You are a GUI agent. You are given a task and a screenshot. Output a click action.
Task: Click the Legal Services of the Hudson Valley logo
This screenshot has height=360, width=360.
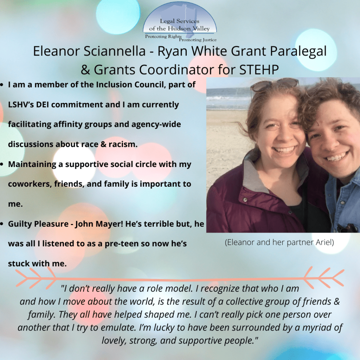coord(180,22)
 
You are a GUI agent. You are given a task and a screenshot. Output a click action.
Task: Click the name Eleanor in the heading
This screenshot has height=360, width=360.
coord(56,51)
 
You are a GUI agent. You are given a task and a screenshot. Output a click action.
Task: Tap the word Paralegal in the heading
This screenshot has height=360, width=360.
coord(298,52)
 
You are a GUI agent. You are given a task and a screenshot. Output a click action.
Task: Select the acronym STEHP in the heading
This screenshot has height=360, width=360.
coord(259,70)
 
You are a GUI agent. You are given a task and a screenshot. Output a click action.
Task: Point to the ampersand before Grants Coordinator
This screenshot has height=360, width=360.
coord(85,70)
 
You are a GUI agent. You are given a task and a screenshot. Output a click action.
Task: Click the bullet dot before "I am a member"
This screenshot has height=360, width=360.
coord(2,85)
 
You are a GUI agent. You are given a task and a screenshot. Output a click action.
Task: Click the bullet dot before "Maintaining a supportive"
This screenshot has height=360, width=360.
coord(2,165)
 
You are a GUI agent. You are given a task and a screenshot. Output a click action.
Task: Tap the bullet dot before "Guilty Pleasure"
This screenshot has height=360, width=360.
coord(2,224)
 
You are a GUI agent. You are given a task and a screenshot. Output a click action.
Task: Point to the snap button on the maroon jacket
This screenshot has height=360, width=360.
coord(245,200)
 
